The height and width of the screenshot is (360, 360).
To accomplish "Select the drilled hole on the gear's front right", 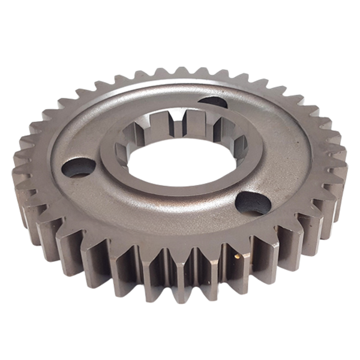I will tap(253, 203).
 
